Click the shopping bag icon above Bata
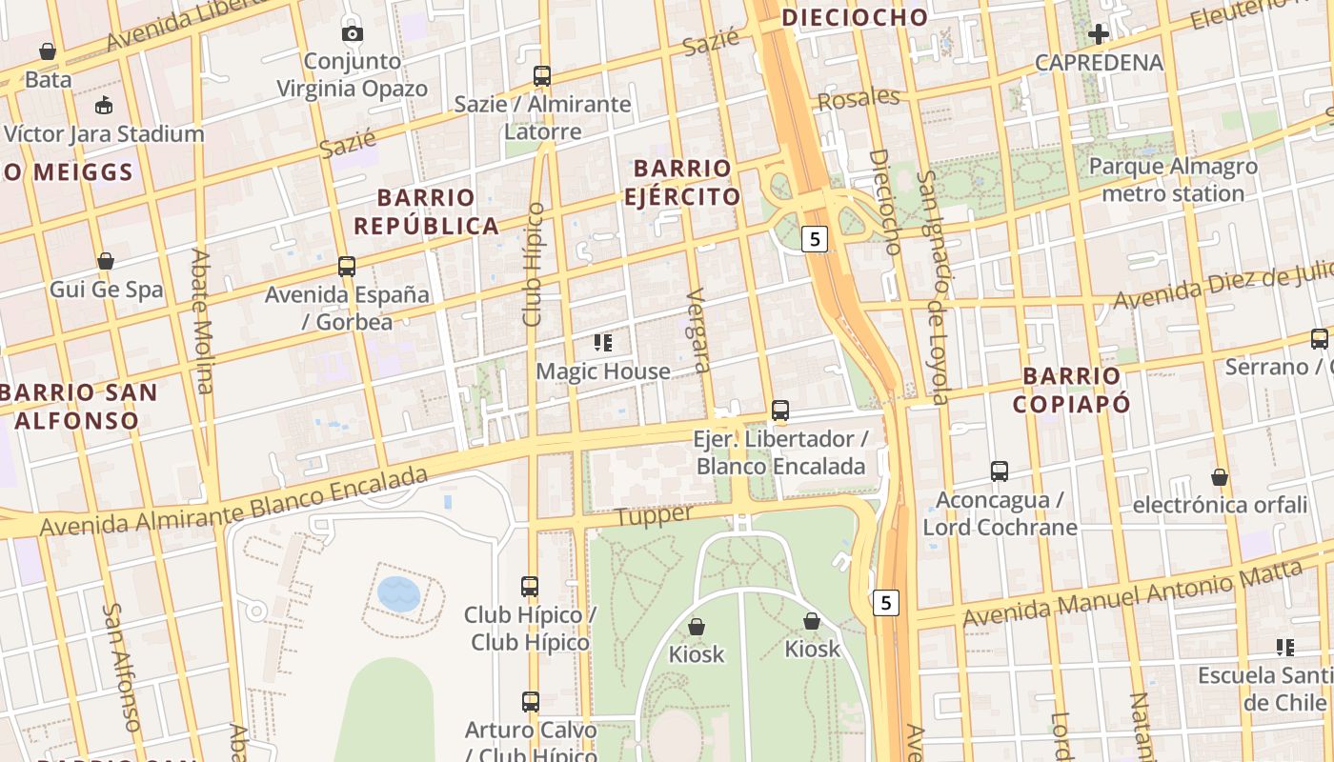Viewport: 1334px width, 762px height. pyautogui.click(x=48, y=51)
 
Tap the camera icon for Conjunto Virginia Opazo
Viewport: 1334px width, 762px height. pyautogui.click(x=353, y=34)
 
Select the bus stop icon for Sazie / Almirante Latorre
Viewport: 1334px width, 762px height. pyautogui.click(x=542, y=76)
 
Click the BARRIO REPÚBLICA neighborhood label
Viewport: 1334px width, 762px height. pyautogui.click(x=426, y=211)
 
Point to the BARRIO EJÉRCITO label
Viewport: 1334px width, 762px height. pyautogui.click(x=682, y=183)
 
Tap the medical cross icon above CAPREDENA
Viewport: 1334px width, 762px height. pyautogui.click(x=1099, y=35)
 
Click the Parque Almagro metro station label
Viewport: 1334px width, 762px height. pyautogui.click(x=1172, y=180)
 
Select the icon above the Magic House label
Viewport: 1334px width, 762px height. pyautogui.click(x=602, y=343)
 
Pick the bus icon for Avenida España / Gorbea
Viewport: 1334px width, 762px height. pyautogui.click(x=347, y=267)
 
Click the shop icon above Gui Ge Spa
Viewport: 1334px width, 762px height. pyautogui.click(x=106, y=262)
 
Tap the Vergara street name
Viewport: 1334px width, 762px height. pyautogui.click(x=698, y=330)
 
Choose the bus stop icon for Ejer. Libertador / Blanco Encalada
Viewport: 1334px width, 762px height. pyautogui.click(x=780, y=411)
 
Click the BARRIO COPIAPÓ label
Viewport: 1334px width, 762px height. pyautogui.click(x=1071, y=390)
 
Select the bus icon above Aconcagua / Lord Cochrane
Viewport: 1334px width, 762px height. pyautogui.click(x=1000, y=471)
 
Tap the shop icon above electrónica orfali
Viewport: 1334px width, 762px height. pyautogui.click(x=1219, y=477)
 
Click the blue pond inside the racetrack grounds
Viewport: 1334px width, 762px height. pyautogui.click(x=398, y=594)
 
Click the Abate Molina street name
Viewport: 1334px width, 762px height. pyautogui.click(x=202, y=321)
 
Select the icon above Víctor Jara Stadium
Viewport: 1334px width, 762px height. pyautogui.click(x=104, y=106)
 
